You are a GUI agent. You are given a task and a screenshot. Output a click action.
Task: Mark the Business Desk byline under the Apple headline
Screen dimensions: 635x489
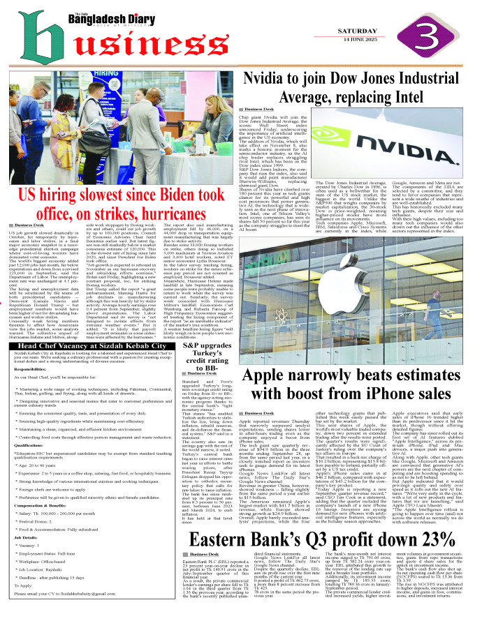pyautogui.click(x=256, y=413)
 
